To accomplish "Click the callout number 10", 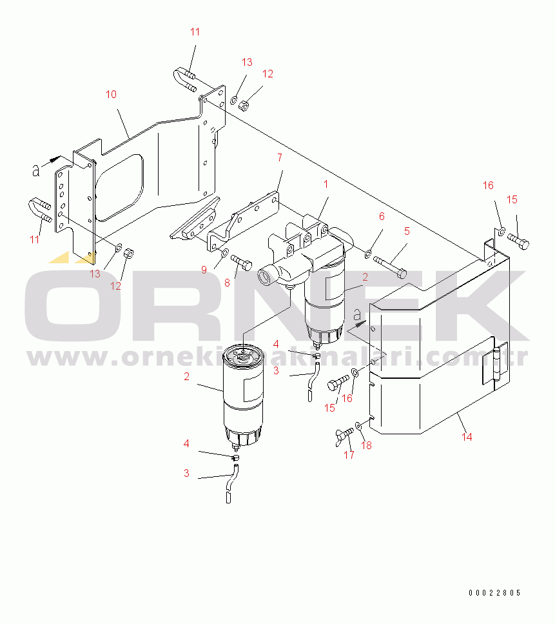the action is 111,95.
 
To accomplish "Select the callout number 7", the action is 280,158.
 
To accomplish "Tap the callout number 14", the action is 467,437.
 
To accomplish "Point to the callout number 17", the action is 349,456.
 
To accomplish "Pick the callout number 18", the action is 366,445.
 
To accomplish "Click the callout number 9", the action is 204,270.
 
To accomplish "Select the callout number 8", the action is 227,283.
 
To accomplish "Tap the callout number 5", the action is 407,231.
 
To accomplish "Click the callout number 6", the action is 382,216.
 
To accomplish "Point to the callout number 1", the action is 326,185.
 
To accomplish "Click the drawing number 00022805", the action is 494,593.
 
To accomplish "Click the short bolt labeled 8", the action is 241,261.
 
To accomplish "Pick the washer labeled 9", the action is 224,252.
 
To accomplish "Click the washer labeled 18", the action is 358,426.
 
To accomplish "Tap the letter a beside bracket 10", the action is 36,170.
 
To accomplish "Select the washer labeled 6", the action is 368,253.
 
